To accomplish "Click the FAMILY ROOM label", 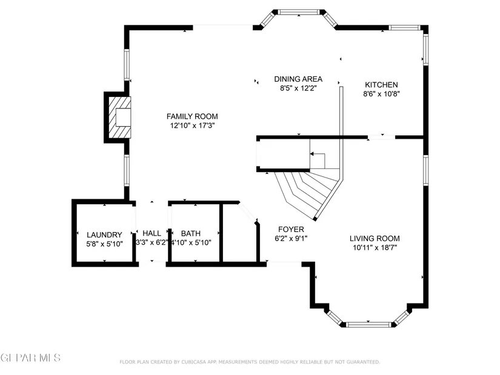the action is [x=192, y=116].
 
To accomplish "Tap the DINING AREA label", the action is [x=298, y=79].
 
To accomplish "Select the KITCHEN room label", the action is [x=381, y=85].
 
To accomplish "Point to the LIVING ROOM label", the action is [x=375, y=239].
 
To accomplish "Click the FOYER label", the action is [x=291, y=229].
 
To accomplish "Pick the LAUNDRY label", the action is [x=105, y=235].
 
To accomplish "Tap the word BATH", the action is [x=191, y=234].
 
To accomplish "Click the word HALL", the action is [x=152, y=233].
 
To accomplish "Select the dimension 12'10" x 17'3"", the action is [x=192, y=125].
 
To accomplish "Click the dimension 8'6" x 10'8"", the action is [x=381, y=94].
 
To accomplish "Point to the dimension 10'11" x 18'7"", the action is [x=375, y=247].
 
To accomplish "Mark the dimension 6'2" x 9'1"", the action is [x=291, y=238].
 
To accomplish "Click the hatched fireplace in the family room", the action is [x=120, y=118].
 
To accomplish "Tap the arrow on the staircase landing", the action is [x=318, y=159].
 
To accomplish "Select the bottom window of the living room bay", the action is [x=368, y=325].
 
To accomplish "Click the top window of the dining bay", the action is [x=299, y=12].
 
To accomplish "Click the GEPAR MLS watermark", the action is [x=30, y=358].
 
